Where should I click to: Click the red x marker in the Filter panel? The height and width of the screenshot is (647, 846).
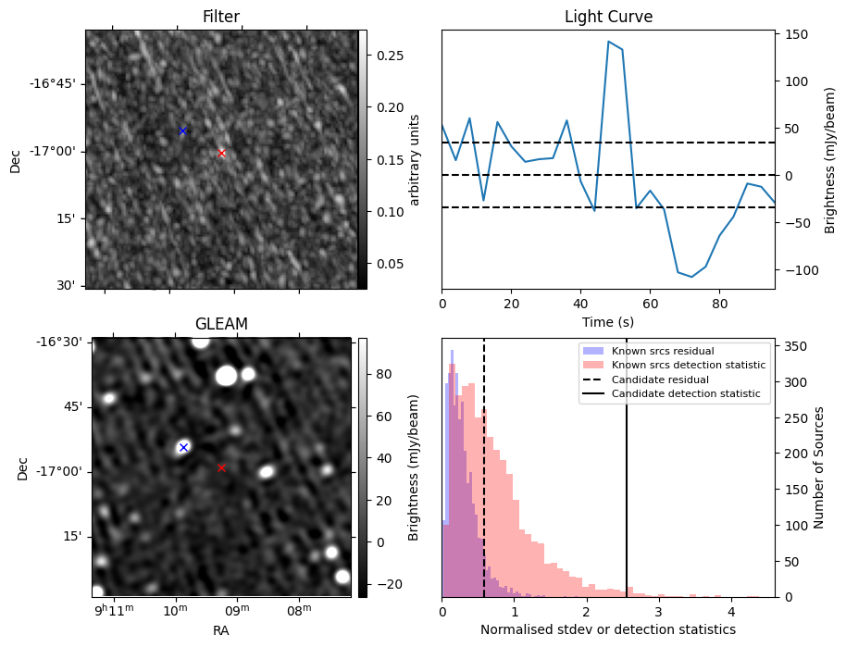click(x=221, y=153)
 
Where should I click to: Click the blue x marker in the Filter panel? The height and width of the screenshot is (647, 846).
click(x=182, y=131)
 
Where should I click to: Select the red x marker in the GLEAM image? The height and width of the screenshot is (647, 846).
click(x=221, y=467)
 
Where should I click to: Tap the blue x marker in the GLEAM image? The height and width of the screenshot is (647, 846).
click(x=183, y=447)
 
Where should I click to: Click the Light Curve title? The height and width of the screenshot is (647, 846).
click(x=608, y=18)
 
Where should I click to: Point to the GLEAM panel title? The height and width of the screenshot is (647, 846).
click(x=221, y=324)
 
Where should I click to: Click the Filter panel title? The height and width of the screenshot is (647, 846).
click(x=221, y=18)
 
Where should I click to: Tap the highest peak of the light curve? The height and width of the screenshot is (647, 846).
click(x=608, y=41)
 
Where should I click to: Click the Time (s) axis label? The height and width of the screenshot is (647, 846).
click(x=608, y=321)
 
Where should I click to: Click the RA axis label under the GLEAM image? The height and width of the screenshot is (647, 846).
click(x=221, y=630)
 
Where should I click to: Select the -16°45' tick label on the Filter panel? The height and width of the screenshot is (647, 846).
click(x=53, y=83)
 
